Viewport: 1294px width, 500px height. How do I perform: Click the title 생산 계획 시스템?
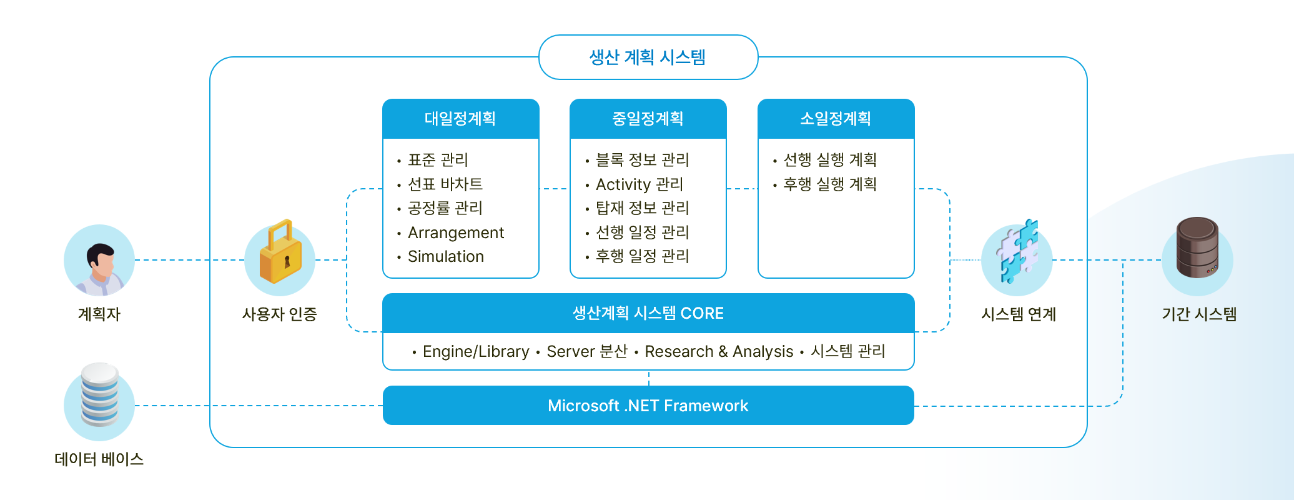pos(648,57)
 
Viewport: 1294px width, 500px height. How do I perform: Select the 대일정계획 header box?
pos(460,119)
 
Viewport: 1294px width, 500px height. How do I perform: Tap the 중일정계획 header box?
pos(648,119)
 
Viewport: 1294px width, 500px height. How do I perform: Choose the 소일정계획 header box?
pos(836,119)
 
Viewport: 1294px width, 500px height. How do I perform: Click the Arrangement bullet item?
pos(455,232)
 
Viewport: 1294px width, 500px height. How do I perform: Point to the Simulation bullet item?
pos(445,256)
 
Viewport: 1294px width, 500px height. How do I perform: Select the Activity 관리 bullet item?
pos(639,184)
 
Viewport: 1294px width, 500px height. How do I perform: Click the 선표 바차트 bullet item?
pos(445,184)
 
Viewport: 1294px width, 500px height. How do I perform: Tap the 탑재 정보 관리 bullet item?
pos(642,208)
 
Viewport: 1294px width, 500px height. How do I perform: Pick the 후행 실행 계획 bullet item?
pos(829,184)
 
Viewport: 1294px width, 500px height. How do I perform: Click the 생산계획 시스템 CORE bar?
pos(648,313)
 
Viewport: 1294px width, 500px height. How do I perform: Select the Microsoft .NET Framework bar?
pos(648,406)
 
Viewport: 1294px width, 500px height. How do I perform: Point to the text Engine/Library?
pos(476,351)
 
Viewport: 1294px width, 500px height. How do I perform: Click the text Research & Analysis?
pos(719,351)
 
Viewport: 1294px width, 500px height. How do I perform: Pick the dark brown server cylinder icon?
pos(1197,248)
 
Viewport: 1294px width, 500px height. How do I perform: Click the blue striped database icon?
pos(99,395)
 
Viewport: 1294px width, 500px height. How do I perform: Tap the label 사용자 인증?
pos(279,314)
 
